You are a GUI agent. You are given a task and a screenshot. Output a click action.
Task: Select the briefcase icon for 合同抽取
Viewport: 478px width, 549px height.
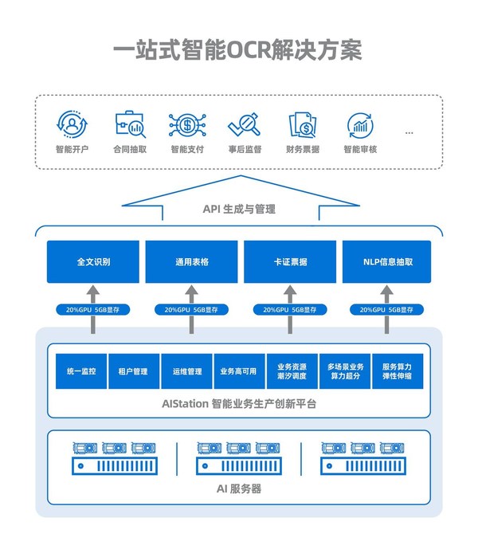pyautogui.click(x=129, y=125)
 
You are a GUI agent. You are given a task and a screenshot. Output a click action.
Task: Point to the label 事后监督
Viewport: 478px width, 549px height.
pyautogui.click(x=244, y=149)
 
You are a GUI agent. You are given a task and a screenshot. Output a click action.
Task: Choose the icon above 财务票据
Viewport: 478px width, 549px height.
pyautogui.click(x=302, y=125)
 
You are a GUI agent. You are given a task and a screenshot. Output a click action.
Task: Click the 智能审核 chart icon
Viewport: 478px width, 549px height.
pyautogui.click(x=360, y=125)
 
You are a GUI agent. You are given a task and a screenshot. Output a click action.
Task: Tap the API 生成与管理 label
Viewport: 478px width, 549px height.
pyautogui.click(x=239, y=210)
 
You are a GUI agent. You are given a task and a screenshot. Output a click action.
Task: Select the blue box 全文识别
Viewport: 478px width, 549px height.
pyautogui.click(x=93, y=261)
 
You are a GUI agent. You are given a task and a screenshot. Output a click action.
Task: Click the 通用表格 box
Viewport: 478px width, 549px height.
pyautogui.click(x=192, y=261)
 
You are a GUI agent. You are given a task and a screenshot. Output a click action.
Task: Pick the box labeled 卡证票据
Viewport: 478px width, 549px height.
pyautogui.click(x=290, y=261)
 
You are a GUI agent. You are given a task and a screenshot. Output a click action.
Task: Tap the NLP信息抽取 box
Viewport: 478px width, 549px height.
pyautogui.click(x=387, y=261)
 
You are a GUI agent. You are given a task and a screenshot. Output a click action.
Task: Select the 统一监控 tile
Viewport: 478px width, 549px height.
pyautogui.click(x=81, y=371)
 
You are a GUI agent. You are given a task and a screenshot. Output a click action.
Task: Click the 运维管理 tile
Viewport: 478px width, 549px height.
pyautogui.click(x=186, y=371)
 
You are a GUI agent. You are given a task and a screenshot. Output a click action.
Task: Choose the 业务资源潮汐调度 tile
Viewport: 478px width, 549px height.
pyautogui.click(x=292, y=371)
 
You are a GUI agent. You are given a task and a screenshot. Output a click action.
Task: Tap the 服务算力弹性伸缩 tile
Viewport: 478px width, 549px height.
pyautogui.click(x=397, y=371)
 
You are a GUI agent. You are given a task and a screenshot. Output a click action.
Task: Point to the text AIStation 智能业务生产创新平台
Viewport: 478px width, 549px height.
pyautogui.click(x=239, y=404)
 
